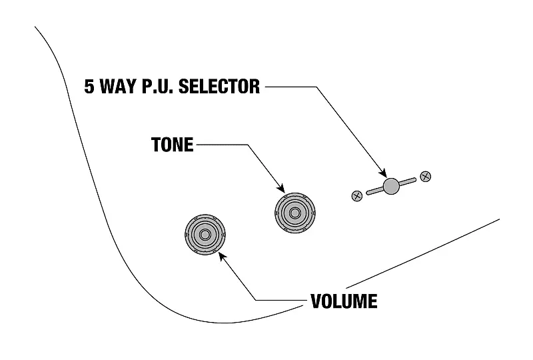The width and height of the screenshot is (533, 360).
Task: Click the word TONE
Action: pyautogui.click(x=171, y=145)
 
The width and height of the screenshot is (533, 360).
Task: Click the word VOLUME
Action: pyautogui.click(x=344, y=301)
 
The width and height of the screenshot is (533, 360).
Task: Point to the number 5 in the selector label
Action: pyautogui.click(x=89, y=87)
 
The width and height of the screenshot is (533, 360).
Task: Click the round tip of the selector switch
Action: pyautogui.click(x=391, y=185)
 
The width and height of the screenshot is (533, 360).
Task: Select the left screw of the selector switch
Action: pyautogui.click(x=356, y=195)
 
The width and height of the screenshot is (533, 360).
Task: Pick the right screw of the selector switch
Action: pyautogui.click(x=426, y=177)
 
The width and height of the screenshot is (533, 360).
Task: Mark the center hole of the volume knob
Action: pyautogui.click(x=205, y=235)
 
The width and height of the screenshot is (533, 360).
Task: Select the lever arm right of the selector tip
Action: pyautogui.click(x=407, y=181)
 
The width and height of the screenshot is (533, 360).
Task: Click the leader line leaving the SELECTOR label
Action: pyautogui.click(x=286, y=87)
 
